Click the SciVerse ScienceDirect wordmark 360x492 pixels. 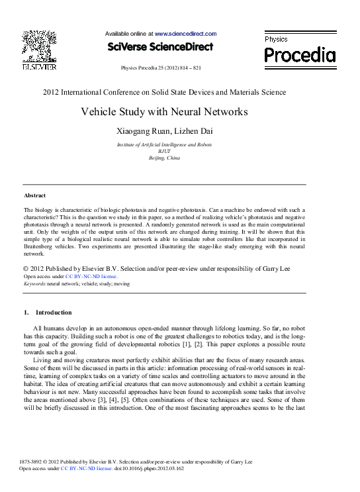click(160, 47)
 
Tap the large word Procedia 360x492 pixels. click(300, 55)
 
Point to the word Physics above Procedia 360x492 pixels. click(276, 40)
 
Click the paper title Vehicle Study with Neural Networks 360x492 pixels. click(164, 112)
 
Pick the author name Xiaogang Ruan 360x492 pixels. click(140, 131)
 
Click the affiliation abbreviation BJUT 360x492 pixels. click(164, 151)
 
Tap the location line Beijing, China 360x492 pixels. click(164, 158)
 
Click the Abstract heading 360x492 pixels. click(34, 196)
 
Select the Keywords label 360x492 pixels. click(34, 283)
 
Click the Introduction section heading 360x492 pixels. click(54, 313)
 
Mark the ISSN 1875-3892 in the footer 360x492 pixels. click(34, 462)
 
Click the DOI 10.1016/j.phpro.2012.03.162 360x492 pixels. click(152, 468)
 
